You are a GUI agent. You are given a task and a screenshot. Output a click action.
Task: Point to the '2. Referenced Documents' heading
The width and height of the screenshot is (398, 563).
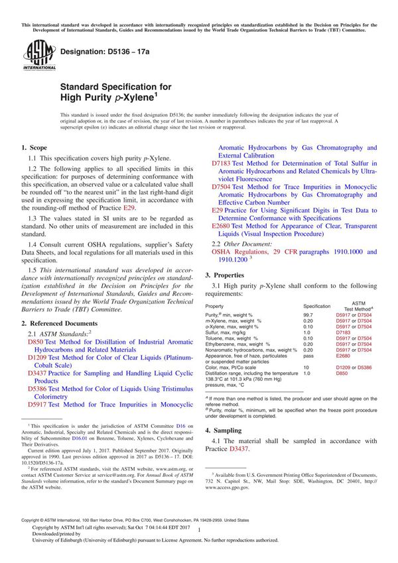(x=61, y=323)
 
